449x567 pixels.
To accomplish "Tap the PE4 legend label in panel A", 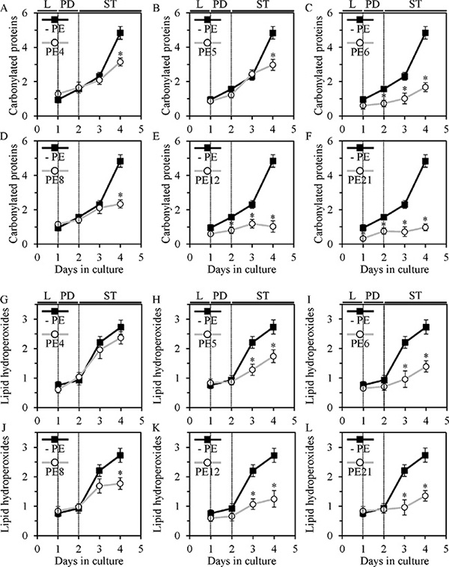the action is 55,52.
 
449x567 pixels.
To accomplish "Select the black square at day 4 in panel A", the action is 120,33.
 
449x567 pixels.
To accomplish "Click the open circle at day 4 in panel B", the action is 273,65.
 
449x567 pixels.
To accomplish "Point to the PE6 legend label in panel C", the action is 361,52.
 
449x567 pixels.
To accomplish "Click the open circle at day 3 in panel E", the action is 252,224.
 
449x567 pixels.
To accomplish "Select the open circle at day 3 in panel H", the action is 252,370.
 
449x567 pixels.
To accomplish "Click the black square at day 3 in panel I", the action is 405,343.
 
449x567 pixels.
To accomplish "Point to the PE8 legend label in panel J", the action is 55,471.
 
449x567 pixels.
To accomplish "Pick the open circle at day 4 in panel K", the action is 273,499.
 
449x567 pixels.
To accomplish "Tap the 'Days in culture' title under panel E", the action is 242,269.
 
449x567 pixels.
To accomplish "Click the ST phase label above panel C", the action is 415,4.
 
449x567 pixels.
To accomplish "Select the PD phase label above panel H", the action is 220,295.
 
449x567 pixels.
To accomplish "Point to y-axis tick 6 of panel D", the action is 31,141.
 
